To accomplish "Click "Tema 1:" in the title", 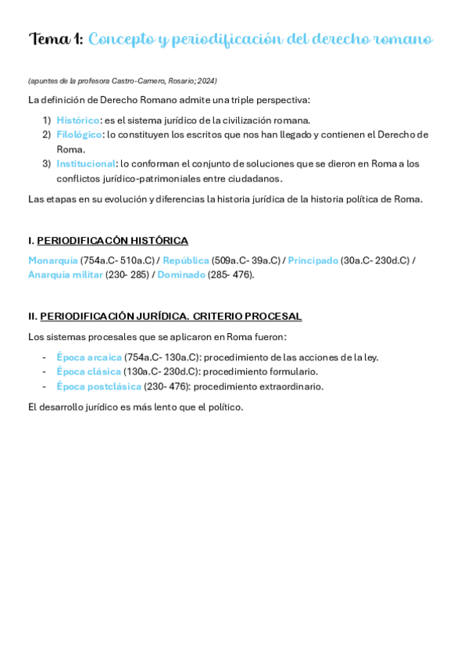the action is click(55, 39).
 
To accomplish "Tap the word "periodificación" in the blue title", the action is click(233, 40).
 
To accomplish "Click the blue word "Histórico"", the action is click(78, 120).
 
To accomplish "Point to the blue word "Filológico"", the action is click(79, 134).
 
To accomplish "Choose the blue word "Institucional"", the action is click(86, 163).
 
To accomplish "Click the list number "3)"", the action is click(46, 163).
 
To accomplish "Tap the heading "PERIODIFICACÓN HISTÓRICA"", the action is click(113, 241).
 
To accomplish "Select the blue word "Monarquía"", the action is click(53, 260).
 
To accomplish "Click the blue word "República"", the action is click(186, 260).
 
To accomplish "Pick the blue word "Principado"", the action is click(313, 260).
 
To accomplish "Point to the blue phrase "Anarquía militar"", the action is click(66, 274).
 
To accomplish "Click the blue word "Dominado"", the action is click(181, 274).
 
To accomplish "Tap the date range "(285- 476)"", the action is click(230, 274).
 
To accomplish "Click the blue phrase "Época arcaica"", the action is click(89, 357).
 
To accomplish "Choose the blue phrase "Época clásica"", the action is click(88, 371).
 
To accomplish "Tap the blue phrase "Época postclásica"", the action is click(98, 386).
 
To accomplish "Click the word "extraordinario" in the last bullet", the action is click(290, 386).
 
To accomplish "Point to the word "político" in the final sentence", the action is click(225, 407).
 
